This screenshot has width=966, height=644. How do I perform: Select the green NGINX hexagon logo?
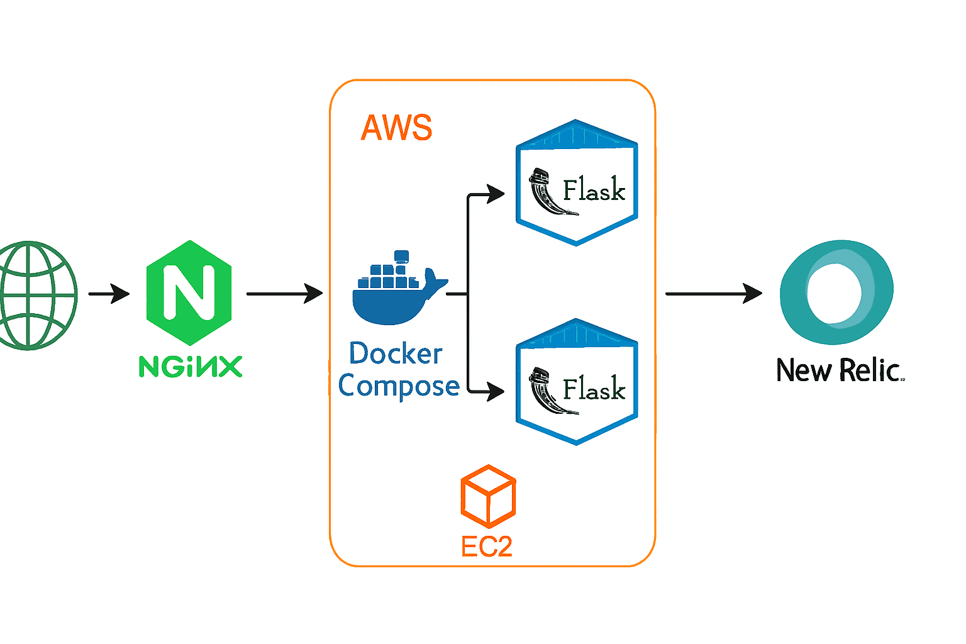[x=189, y=292]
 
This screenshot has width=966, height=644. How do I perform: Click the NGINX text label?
[x=190, y=366]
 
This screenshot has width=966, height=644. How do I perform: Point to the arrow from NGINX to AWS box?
[x=284, y=293]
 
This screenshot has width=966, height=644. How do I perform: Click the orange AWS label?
[x=396, y=128]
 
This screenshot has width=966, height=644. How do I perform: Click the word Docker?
[x=396, y=354]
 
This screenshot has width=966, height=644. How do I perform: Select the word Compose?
[x=399, y=386]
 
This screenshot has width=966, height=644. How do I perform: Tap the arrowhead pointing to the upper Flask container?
[x=496, y=194]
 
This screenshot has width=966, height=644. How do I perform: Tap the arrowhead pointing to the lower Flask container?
[x=496, y=392]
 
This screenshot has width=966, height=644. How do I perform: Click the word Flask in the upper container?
[x=594, y=190]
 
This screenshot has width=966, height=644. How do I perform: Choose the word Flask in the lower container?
[x=594, y=389]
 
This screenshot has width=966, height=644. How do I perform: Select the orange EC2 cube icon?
[x=488, y=496]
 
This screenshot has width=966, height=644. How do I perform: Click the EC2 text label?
[x=487, y=547]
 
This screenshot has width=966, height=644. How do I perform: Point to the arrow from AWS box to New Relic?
[x=713, y=293]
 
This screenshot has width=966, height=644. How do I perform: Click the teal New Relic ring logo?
[x=836, y=292]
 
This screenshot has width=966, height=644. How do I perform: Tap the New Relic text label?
[x=839, y=370]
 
